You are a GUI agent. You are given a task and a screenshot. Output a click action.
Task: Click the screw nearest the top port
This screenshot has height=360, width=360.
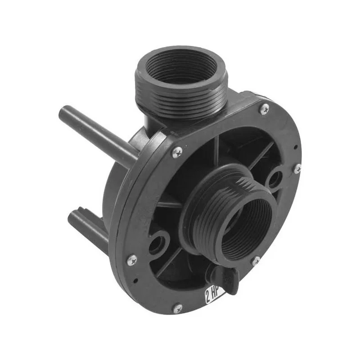[265, 108]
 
